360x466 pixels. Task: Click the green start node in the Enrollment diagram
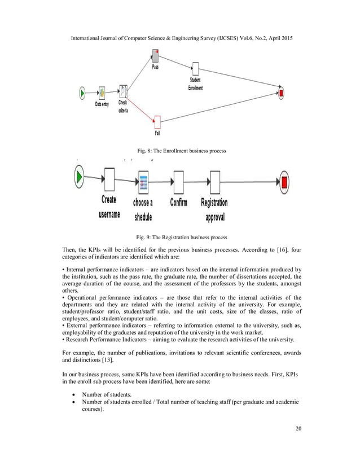(82, 92)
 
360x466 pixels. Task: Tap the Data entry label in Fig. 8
(102, 105)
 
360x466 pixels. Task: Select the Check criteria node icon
(122, 91)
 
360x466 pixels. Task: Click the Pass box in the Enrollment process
(156, 55)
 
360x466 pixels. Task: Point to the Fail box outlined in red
(157, 121)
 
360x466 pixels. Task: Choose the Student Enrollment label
(195, 84)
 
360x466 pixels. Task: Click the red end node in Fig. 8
(280, 91)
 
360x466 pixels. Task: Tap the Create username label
(109, 206)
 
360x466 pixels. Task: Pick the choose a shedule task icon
(143, 182)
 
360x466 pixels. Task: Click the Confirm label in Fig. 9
(178, 202)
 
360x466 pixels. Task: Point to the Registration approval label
(214, 209)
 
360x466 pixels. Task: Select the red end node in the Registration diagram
(284, 181)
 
